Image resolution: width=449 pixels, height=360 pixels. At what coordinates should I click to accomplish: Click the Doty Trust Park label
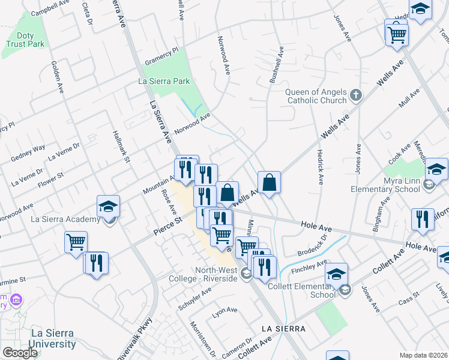(26, 40)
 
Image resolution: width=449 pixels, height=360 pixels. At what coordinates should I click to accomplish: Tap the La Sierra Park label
(164, 81)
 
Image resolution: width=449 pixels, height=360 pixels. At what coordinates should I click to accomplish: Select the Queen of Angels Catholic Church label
(316, 96)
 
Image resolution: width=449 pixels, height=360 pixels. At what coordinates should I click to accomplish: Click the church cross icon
(356, 95)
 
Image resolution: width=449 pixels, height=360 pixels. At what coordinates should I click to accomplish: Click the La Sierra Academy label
(65, 219)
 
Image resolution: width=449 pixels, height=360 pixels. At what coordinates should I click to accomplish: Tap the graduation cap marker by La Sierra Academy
(108, 207)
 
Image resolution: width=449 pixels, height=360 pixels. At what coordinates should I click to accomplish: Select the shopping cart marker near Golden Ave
(76, 243)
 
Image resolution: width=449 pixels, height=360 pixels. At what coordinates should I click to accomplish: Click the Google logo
(20, 353)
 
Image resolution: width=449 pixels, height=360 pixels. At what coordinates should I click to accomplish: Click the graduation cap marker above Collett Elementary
(337, 275)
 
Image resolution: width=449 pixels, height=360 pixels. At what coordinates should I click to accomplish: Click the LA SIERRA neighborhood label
(283, 329)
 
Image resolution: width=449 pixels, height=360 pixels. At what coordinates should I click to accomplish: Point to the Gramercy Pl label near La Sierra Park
(162, 58)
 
